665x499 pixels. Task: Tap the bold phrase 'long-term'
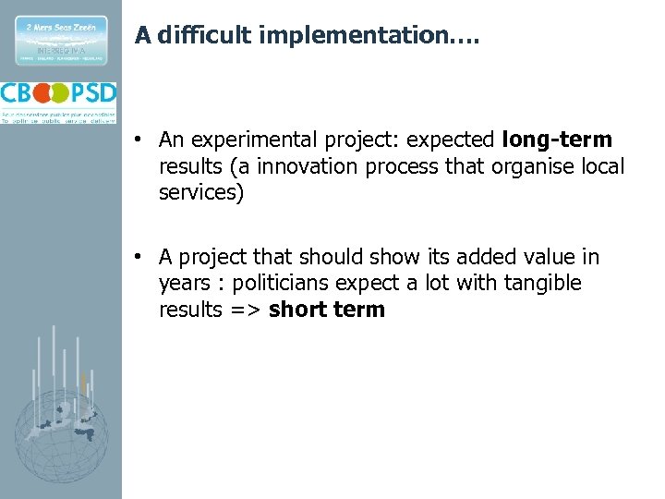[x=557, y=140]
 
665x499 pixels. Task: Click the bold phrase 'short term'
[x=327, y=310]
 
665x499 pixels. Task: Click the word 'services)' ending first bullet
[x=200, y=194]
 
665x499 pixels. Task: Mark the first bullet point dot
[x=136, y=140]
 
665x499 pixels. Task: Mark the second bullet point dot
[x=136, y=257]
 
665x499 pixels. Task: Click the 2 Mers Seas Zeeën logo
[x=60, y=40]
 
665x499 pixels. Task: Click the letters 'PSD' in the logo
[x=94, y=94]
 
